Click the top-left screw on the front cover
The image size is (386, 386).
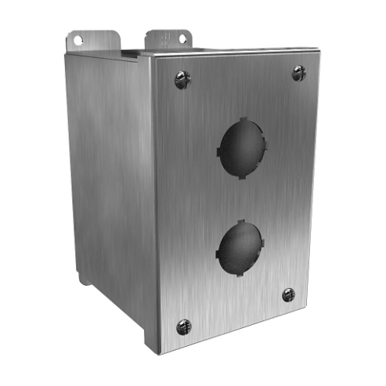[x=182, y=79]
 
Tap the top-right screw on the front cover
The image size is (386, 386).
[x=299, y=73]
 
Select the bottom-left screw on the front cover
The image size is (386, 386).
[x=183, y=325]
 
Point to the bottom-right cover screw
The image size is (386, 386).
[x=288, y=294]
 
